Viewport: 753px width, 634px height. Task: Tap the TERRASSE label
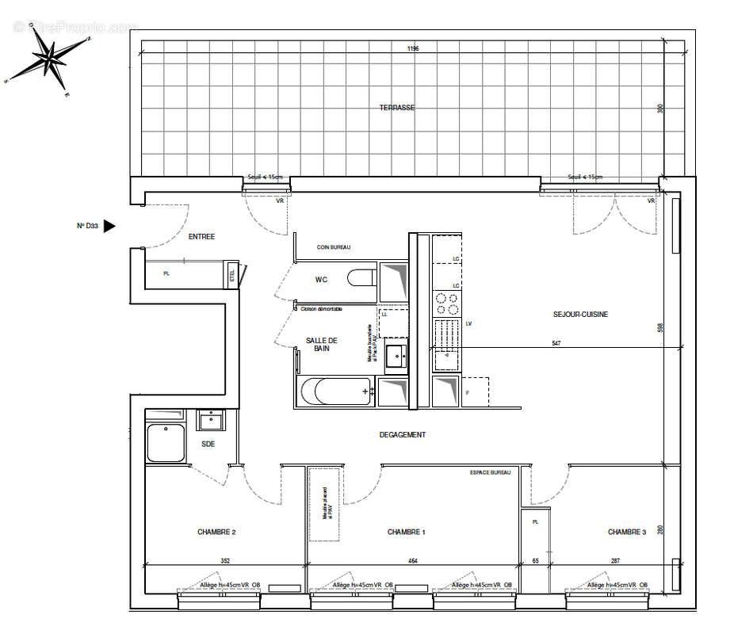tap(396, 108)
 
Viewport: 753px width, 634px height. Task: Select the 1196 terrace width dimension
tap(413, 48)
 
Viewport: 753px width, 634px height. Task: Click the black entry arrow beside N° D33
tap(109, 226)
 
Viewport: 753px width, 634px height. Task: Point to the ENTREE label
tap(201, 236)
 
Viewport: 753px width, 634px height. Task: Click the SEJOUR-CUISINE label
tap(580, 315)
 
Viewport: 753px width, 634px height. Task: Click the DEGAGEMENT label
tap(402, 434)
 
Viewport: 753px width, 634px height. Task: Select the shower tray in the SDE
tap(165, 443)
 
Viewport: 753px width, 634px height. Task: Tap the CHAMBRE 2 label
tap(216, 532)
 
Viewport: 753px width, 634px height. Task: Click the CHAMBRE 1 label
tap(406, 532)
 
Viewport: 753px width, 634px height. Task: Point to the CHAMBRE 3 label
tap(626, 532)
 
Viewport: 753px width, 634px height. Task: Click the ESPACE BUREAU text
tap(490, 472)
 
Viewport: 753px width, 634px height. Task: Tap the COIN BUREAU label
tap(334, 247)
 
